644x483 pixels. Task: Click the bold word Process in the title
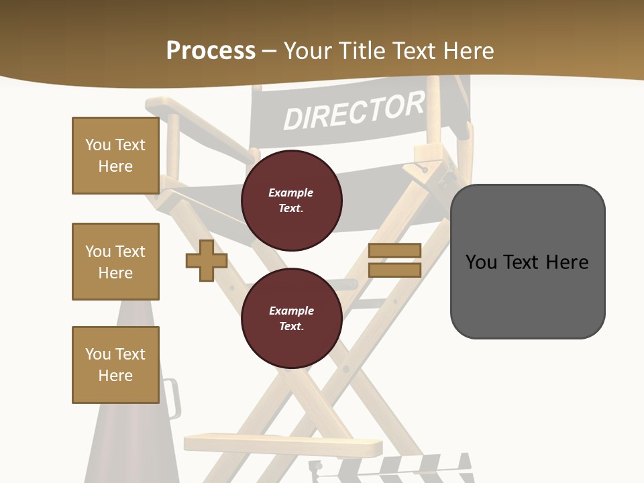point(211,51)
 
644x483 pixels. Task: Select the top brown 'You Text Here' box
point(115,156)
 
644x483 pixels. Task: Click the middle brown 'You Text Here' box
point(115,262)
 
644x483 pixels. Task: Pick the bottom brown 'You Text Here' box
point(115,364)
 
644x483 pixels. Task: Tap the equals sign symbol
point(394,260)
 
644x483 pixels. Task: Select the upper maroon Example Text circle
point(291,201)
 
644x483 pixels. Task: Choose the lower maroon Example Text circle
point(291,319)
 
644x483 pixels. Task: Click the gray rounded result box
point(527,262)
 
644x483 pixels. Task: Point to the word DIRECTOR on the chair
point(354,111)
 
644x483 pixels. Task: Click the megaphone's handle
point(172,398)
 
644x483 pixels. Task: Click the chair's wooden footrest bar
point(282,443)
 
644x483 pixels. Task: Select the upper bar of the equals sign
point(394,250)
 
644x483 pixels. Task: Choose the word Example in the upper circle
point(290,193)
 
